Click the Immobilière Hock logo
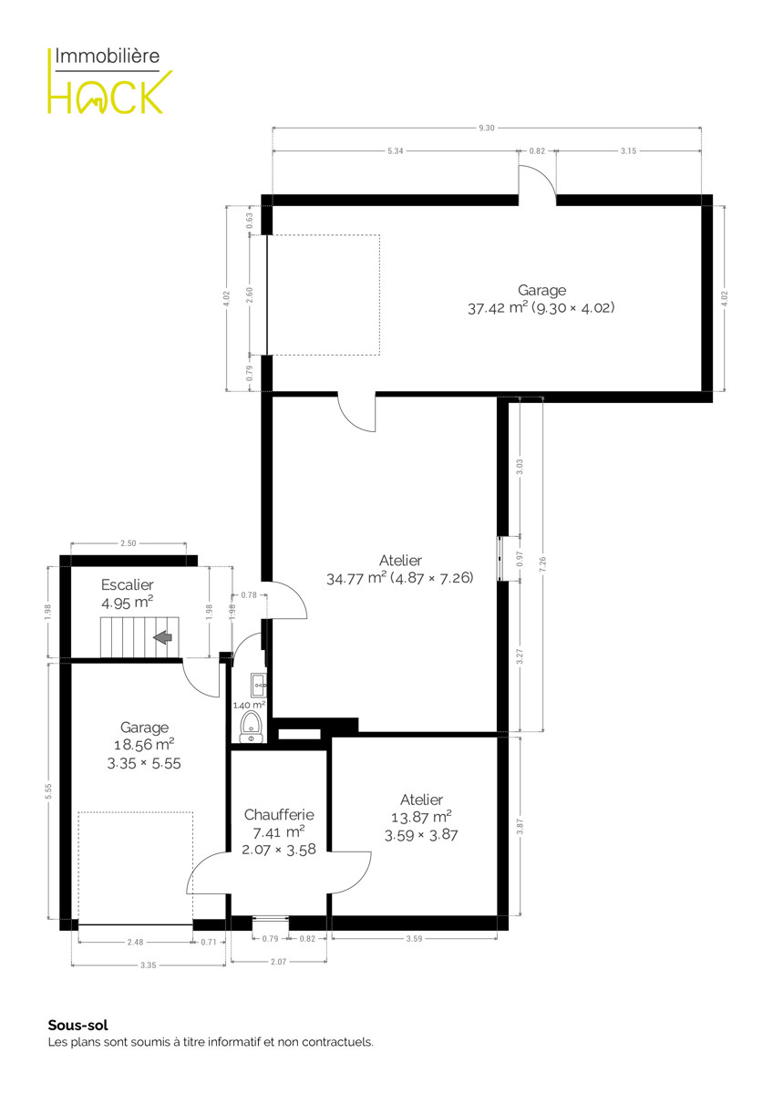click(x=110, y=80)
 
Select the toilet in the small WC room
click(x=252, y=728)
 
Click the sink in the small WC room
click(x=258, y=686)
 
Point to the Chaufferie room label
click(x=279, y=815)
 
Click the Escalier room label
click(x=128, y=584)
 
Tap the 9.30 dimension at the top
click(x=487, y=128)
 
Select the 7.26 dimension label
click(x=543, y=564)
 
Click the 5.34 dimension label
click(x=396, y=151)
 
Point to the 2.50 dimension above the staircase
click(x=129, y=543)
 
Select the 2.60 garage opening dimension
click(x=250, y=295)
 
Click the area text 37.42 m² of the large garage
click(x=498, y=308)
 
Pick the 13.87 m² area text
click(x=421, y=817)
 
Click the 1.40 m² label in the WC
click(x=249, y=705)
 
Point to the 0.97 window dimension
click(x=520, y=559)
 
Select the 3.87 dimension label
click(x=520, y=826)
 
